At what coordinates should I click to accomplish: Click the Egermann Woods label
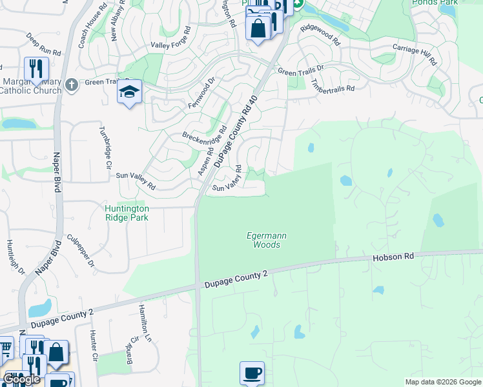(x=267, y=241)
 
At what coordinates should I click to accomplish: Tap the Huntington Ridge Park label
(x=127, y=213)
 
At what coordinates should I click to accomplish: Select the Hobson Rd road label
(x=393, y=257)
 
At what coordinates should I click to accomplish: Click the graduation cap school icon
(x=129, y=92)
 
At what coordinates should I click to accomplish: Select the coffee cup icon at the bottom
(x=252, y=372)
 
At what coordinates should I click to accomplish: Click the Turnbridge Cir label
(x=104, y=146)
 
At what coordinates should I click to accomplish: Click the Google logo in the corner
(x=22, y=379)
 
